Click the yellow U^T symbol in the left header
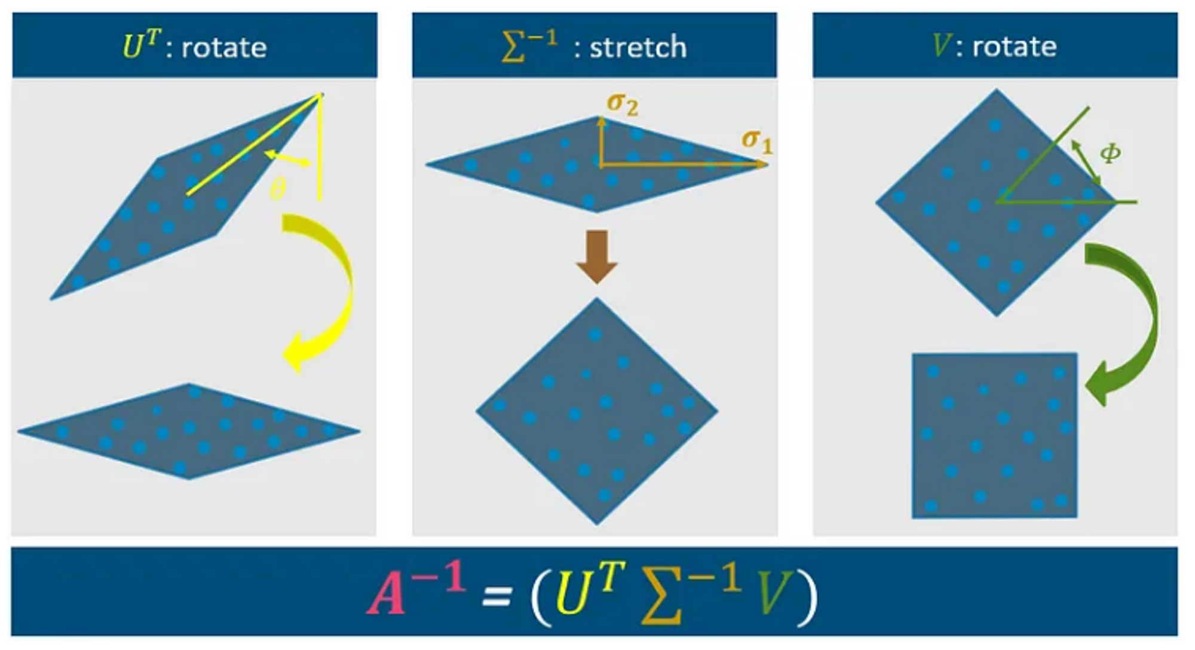point(142,45)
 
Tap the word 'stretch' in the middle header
point(638,47)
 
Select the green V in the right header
point(941,46)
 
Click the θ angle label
point(277,189)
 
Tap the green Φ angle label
point(1110,154)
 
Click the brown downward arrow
point(596,256)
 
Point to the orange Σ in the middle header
point(512,48)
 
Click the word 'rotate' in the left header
point(224,47)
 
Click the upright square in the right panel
point(994,436)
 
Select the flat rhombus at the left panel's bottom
point(189,431)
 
